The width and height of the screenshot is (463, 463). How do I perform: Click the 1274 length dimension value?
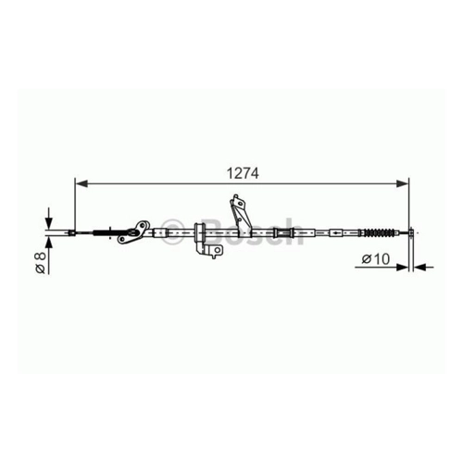pyautogui.click(x=243, y=173)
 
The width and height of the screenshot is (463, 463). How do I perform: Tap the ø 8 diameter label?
pyautogui.click(x=41, y=262)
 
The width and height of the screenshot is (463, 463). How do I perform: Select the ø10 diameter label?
pyautogui.click(x=376, y=259)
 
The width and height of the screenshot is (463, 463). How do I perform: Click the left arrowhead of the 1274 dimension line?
pyautogui.click(x=81, y=184)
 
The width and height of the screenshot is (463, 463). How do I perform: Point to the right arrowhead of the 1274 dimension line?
pyautogui.click(x=403, y=184)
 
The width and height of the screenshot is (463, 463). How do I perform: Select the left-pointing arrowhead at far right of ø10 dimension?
pyautogui.click(x=419, y=267)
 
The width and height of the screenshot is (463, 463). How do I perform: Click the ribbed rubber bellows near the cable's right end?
pyautogui.click(x=379, y=232)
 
